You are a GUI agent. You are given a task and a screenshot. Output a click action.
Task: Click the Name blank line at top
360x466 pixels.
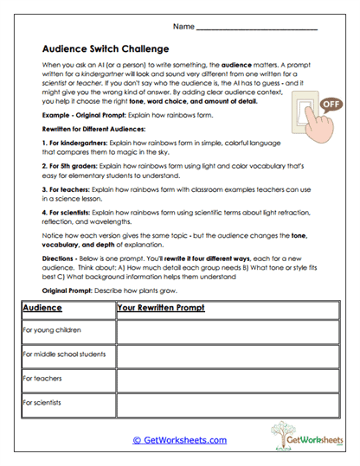click(257, 29)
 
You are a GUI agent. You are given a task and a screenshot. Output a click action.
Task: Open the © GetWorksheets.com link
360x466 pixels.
click(179, 440)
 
